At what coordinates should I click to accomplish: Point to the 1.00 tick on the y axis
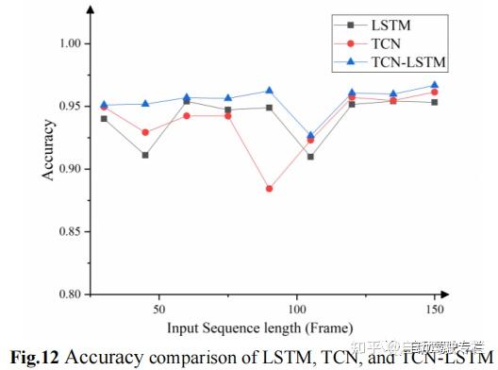pos(73,44)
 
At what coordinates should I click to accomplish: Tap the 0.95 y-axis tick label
pos(73,107)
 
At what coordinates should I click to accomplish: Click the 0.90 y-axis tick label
pos(73,169)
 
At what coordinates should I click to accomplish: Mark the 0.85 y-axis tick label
pos(73,231)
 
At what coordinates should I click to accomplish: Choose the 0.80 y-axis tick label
pos(73,294)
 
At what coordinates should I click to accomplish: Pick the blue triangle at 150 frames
pos(434,85)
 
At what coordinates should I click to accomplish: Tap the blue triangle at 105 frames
pos(310,136)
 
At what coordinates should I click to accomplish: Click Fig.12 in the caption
pos(35,356)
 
